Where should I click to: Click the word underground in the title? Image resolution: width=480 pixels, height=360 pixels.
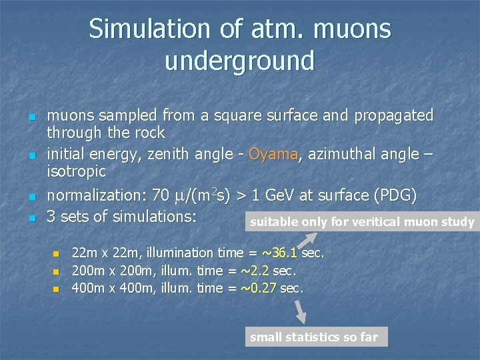pos(239,61)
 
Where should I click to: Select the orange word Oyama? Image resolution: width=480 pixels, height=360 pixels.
pos(273,155)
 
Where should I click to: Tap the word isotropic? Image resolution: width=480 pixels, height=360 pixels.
pos(76,171)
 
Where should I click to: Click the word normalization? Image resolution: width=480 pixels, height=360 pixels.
pos(90,196)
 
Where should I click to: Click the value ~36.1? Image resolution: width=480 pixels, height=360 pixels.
pos(280,253)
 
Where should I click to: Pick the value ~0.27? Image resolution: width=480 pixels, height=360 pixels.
pos(258,289)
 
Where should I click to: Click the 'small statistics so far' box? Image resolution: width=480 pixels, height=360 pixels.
pos(314,337)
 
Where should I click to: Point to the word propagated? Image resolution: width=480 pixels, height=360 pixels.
pos(394,115)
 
